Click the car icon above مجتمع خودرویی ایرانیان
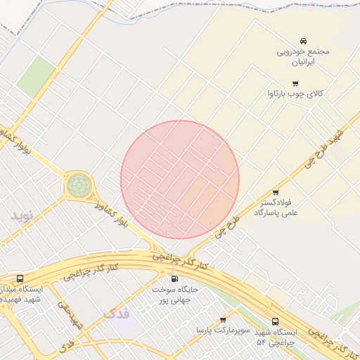point(303,40)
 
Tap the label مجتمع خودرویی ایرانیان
point(302,56)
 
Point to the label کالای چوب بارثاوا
point(295,94)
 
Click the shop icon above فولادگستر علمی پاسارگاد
point(275,192)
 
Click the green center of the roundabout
point(79,186)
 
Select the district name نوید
point(22,214)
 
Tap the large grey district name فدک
point(117,313)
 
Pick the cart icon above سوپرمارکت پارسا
point(223,320)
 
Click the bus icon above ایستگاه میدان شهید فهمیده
point(19,279)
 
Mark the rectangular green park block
point(37,76)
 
